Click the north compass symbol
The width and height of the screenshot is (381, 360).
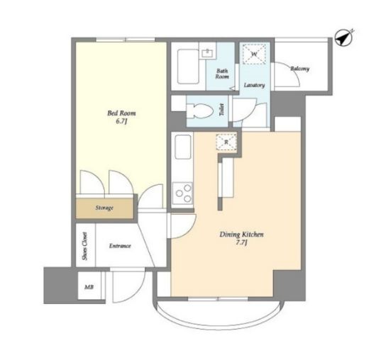click(x=344, y=38)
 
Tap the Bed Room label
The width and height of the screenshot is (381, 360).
click(x=121, y=113)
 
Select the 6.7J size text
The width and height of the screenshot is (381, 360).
click(x=121, y=121)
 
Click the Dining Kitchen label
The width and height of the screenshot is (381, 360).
click(x=241, y=235)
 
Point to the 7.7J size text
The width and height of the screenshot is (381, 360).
click(x=241, y=242)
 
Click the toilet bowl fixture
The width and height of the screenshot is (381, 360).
click(x=199, y=111)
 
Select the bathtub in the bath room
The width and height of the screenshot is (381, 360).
click(x=188, y=67)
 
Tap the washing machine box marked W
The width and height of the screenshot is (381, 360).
click(x=254, y=55)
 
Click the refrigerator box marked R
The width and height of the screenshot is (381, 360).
click(x=226, y=142)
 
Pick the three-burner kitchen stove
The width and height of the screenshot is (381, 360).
click(x=182, y=193)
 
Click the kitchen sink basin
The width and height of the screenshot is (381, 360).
click(x=183, y=147)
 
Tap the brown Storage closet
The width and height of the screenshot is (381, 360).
click(x=104, y=208)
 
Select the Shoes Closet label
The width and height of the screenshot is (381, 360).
click(x=84, y=246)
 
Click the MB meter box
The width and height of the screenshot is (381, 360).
click(x=89, y=287)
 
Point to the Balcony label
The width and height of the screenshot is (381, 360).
click(x=300, y=69)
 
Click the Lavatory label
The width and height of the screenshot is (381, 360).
click(x=254, y=85)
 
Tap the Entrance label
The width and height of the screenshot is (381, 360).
click(x=120, y=246)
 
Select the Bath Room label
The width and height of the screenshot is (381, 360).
click(x=222, y=74)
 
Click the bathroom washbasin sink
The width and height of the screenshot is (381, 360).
click(x=208, y=53)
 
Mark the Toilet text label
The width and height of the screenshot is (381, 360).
click(x=221, y=110)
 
